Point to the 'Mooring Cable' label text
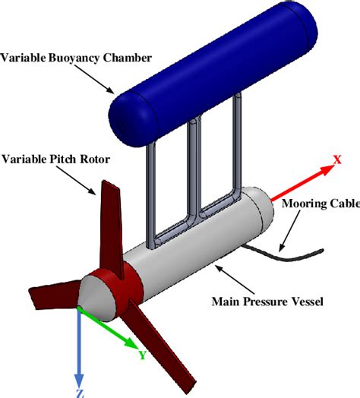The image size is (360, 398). [320, 203]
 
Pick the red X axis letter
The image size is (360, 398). [336, 160]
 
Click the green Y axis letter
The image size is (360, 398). [141, 354]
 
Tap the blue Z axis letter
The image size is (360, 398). [80, 392]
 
